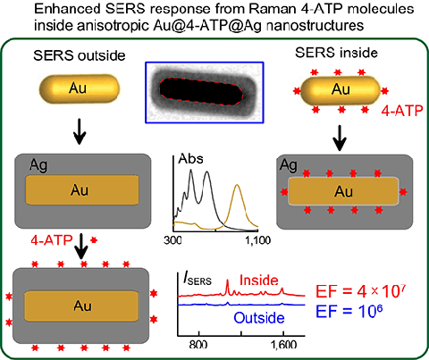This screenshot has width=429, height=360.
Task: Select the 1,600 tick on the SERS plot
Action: pyautogui.click(x=283, y=344)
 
